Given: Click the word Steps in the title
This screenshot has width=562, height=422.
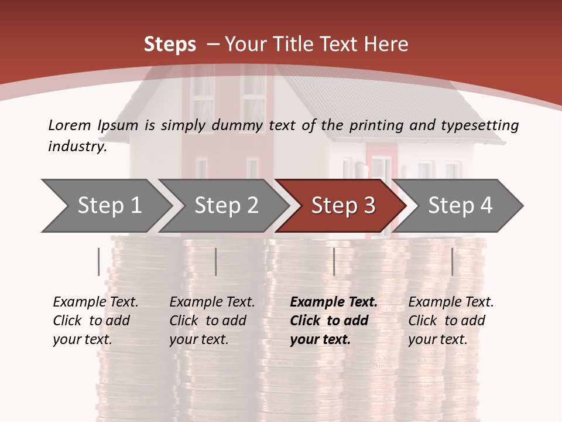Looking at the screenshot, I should click(x=170, y=44).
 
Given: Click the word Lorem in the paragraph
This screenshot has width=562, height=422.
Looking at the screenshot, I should click(x=70, y=125).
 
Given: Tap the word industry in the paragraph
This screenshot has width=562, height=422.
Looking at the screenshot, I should click(x=77, y=146).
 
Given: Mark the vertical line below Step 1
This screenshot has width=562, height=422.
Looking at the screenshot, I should click(x=99, y=261).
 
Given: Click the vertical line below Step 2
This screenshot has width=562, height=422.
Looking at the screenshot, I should click(x=216, y=261).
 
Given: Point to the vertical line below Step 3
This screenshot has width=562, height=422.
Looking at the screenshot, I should click(x=334, y=261).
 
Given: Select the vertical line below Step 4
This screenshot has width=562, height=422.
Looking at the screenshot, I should click(x=453, y=261).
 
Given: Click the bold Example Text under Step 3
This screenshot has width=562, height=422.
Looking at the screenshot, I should click(x=334, y=302).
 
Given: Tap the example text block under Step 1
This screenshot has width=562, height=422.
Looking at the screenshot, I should click(x=95, y=321).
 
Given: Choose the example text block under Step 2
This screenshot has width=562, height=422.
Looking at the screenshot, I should click(x=212, y=321).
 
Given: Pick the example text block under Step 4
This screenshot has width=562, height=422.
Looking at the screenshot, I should click(x=451, y=321).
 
